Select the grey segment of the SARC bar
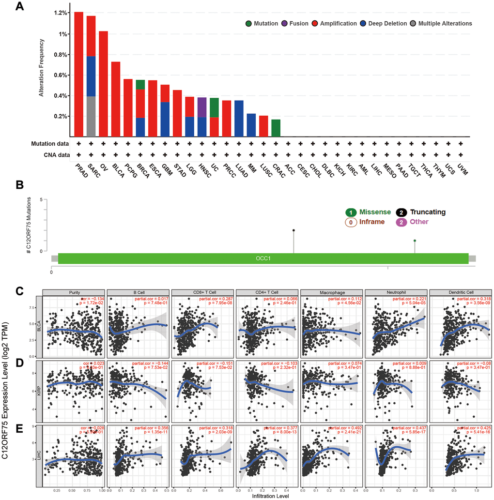point(91,116)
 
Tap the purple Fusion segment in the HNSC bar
point(201,107)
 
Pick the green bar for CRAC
point(276,128)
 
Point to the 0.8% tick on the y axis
point(61,55)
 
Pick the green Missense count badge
point(351,212)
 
